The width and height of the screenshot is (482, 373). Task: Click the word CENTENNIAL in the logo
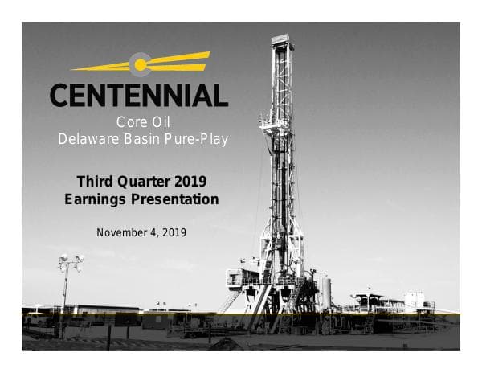[139, 96]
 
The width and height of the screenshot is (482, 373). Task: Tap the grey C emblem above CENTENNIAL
[140, 64]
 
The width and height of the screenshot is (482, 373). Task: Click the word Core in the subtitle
[131, 123]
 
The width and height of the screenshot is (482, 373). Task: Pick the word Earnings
[95, 199]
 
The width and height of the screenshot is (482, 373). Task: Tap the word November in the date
[122, 232]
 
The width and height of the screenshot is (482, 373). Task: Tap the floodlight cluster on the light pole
[69, 262]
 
